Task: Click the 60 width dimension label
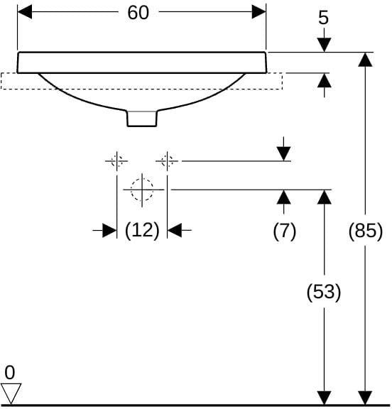click(x=138, y=13)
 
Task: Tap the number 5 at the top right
click(x=324, y=18)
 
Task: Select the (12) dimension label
click(x=142, y=231)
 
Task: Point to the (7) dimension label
click(x=285, y=231)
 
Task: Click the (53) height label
click(x=324, y=292)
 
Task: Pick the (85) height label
click(x=366, y=231)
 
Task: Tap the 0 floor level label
click(x=10, y=373)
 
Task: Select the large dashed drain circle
click(x=142, y=190)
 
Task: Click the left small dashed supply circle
click(x=116, y=161)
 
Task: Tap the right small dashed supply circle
click(x=167, y=161)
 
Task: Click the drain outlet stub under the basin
click(x=142, y=119)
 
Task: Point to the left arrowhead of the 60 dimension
click(x=25, y=12)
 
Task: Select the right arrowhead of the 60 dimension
click(x=258, y=12)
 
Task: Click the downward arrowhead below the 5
click(x=325, y=45)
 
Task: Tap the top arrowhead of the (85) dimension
click(x=365, y=60)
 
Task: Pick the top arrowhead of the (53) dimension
click(x=325, y=197)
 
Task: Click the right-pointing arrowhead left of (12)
click(x=109, y=230)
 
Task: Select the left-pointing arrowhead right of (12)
click(x=174, y=230)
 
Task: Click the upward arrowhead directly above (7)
click(x=284, y=197)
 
